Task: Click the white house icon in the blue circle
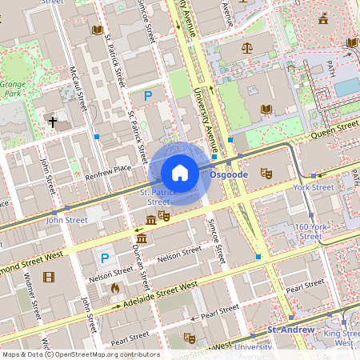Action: click(180, 173)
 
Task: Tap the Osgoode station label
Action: click(229, 174)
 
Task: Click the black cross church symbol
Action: click(53, 122)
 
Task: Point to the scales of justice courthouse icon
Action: click(246, 47)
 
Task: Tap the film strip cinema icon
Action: click(50, 278)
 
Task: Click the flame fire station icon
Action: click(115, 287)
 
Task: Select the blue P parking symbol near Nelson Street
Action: click(103, 258)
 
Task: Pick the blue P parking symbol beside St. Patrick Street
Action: click(147, 96)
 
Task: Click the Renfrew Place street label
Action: click(110, 169)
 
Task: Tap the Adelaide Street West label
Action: click(159, 294)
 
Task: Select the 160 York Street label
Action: click(308, 231)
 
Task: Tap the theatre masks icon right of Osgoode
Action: click(266, 173)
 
